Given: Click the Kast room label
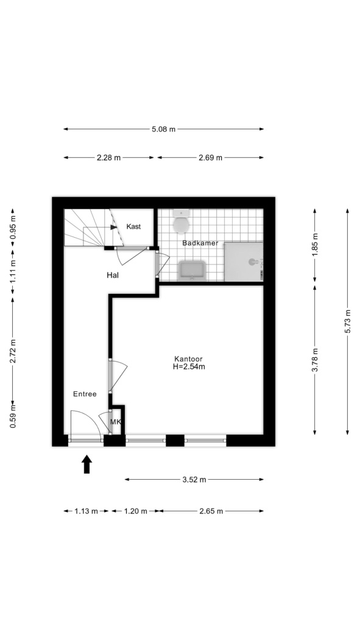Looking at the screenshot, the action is [133, 227].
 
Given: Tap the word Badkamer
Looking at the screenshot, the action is [200, 243].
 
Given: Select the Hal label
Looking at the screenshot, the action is [113, 276].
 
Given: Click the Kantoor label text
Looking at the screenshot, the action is [188, 359].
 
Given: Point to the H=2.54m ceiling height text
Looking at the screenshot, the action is [189, 366].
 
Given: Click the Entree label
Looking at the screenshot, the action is [85, 394].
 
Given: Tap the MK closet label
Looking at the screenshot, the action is [115, 422].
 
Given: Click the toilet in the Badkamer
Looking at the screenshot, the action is [181, 222].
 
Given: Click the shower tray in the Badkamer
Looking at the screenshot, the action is [244, 261].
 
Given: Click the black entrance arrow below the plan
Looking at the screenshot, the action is [86, 464].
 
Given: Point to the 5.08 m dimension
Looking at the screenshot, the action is [163, 129].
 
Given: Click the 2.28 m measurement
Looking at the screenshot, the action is [108, 158].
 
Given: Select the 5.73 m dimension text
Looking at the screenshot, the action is [347, 322].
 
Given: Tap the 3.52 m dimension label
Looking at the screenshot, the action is [194, 480].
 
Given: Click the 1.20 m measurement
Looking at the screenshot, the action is [135, 511].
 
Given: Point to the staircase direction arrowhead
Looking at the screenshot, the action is [114, 227].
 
